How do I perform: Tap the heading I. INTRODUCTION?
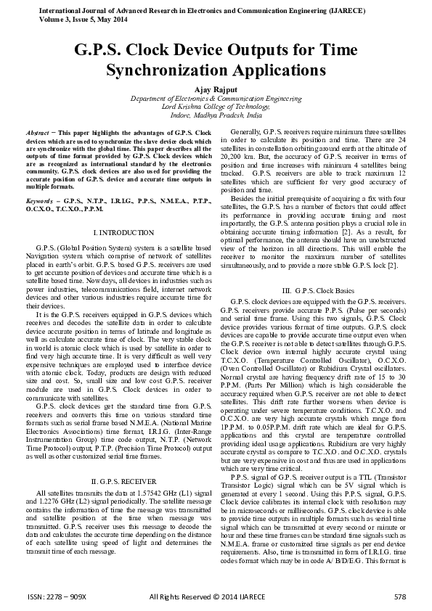121,232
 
